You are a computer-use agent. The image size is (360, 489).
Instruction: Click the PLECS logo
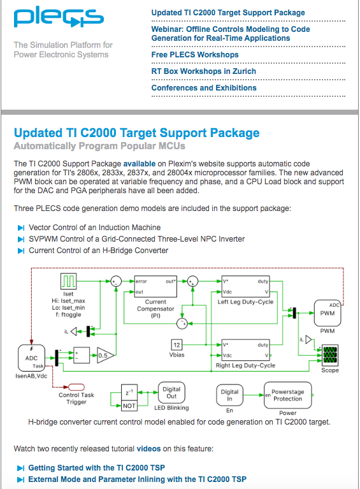click(x=59, y=17)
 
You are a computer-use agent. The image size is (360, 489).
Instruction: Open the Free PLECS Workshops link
click(x=195, y=55)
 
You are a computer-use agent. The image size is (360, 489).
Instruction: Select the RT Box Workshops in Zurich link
click(x=203, y=71)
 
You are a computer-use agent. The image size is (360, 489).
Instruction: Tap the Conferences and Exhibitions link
click(x=204, y=87)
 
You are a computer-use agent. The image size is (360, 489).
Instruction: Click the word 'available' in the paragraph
click(x=140, y=164)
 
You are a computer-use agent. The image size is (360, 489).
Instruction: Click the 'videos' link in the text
click(x=148, y=449)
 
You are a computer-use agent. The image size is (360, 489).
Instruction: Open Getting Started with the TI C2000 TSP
click(x=97, y=468)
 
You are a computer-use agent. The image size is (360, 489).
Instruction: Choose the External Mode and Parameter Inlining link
click(x=138, y=479)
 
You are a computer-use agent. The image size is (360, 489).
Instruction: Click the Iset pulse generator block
click(x=68, y=281)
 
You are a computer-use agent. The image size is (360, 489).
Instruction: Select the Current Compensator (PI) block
click(x=155, y=286)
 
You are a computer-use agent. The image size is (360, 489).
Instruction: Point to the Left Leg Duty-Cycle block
click(x=245, y=286)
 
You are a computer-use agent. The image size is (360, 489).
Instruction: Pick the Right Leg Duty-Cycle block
click(x=245, y=350)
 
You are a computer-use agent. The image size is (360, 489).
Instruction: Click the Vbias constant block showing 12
click(x=176, y=345)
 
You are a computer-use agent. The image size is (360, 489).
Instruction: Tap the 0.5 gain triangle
click(x=105, y=355)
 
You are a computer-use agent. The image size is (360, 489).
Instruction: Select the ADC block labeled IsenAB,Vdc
click(x=31, y=358)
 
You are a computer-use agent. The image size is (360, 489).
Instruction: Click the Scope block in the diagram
click(x=330, y=355)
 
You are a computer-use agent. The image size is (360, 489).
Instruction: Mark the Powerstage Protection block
click(x=288, y=395)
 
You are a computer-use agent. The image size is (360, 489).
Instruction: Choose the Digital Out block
click(x=171, y=393)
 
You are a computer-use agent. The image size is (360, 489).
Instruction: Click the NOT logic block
click(x=129, y=405)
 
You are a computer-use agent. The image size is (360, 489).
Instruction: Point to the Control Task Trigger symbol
click(x=76, y=387)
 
